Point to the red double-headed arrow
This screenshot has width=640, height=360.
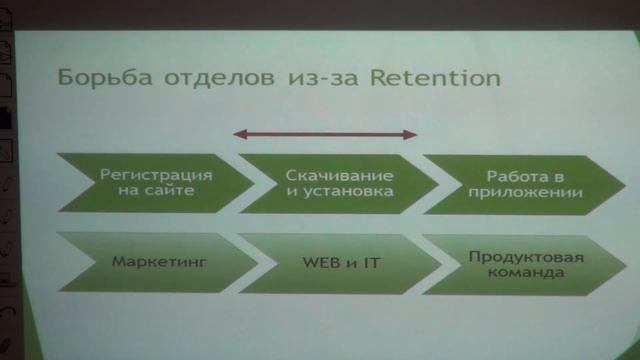(x=325, y=132)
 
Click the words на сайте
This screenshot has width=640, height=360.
(x=146, y=190)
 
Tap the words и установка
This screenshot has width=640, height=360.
(x=330, y=190)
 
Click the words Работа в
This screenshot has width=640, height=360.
(x=510, y=173)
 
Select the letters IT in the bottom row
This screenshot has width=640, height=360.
(x=371, y=263)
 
